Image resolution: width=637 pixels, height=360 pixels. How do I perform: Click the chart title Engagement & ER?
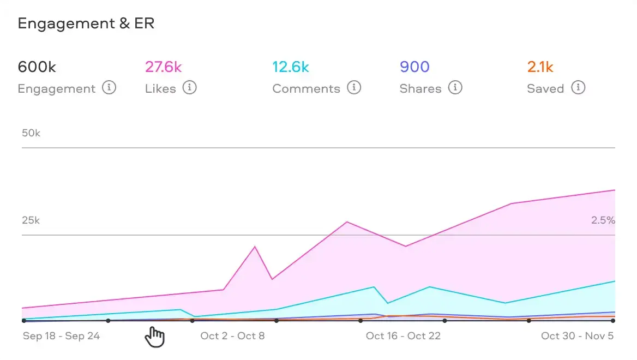coord(86,23)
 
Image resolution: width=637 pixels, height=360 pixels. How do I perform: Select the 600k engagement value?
coord(37,67)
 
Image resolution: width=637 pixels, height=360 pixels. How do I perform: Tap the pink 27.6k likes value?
coord(163,67)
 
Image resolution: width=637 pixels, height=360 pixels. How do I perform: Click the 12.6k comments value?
coord(291,67)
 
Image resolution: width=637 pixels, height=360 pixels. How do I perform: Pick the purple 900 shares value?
coord(414,67)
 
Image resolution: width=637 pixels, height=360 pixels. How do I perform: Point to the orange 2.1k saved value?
coord(540,67)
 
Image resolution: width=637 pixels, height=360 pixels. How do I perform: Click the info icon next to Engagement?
coord(109,87)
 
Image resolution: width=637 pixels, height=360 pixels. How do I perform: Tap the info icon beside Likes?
coord(189,87)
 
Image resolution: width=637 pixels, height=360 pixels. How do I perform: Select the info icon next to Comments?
coord(354,87)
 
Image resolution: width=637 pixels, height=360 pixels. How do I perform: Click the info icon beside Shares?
coord(455,87)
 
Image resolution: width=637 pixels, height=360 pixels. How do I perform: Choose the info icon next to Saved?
coord(578,87)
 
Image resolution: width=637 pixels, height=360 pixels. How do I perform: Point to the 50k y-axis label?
coord(31,133)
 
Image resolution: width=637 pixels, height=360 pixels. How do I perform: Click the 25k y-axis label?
coord(31,220)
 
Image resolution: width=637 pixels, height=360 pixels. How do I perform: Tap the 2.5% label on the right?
coord(603,220)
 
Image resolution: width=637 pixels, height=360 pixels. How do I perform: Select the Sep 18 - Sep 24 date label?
coord(61,335)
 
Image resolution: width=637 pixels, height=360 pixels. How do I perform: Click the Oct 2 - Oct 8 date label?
coord(232,335)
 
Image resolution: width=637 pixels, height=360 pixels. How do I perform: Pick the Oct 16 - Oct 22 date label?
coord(403,335)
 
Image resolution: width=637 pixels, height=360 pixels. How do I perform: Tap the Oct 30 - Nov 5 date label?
coord(577,335)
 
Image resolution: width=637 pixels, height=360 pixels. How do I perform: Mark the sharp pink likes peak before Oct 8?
coord(255,247)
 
